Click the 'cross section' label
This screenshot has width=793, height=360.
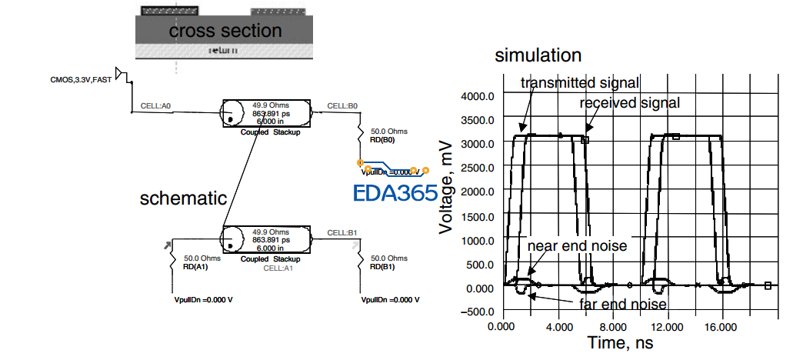pyautogui.click(x=225, y=31)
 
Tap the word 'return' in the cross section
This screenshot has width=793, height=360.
pyautogui.click(x=223, y=50)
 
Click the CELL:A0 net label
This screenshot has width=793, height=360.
pyautogui.click(x=156, y=106)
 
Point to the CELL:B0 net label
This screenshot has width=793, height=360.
pyautogui.click(x=343, y=105)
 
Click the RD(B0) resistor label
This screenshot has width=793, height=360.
pyautogui.click(x=382, y=140)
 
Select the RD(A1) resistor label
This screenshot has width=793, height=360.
pyautogui.click(x=195, y=267)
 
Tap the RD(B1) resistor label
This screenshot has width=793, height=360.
pyautogui.click(x=382, y=267)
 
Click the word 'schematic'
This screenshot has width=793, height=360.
pyautogui.click(x=183, y=198)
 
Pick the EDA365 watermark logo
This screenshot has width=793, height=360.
pyautogui.click(x=395, y=192)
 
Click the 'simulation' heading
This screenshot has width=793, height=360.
pyautogui.click(x=538, y=55)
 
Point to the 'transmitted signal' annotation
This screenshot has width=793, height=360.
pyautogui.click(x=580, y=82)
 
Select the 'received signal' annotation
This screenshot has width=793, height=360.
pyautogui.click(x=630, y=102)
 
